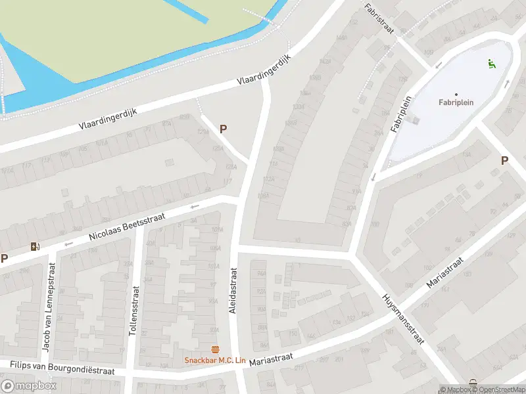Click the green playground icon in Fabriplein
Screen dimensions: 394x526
[491, 64]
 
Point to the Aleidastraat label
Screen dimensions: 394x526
[232, 290]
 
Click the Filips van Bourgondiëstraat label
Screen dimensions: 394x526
[62, 367]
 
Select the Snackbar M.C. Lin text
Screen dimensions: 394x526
[214, 360]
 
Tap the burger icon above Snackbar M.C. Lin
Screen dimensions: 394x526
[214, 349]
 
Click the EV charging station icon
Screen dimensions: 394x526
[34, 247]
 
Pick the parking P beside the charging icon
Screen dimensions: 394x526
[5, 258]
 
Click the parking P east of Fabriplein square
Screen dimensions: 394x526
[504, 160]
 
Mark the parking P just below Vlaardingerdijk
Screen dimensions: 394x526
[224, 129]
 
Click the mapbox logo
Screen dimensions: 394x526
[29, 386]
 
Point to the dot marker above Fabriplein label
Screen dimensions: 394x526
[456, 94]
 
